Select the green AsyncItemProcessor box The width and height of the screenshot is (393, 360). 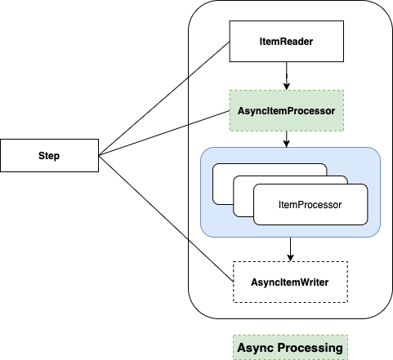[285, 109]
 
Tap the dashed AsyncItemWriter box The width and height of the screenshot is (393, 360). [290, 282]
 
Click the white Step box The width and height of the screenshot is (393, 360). [49, 155]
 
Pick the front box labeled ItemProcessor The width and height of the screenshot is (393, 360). [310, 204]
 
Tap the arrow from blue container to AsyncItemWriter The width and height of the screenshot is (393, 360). [290, 248]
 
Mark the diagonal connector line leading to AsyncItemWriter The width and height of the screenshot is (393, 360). [211, 260]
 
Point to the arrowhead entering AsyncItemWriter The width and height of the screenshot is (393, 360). [290, 257]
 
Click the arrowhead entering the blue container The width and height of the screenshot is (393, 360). [285, 144]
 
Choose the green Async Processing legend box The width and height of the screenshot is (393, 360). [289, 347]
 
